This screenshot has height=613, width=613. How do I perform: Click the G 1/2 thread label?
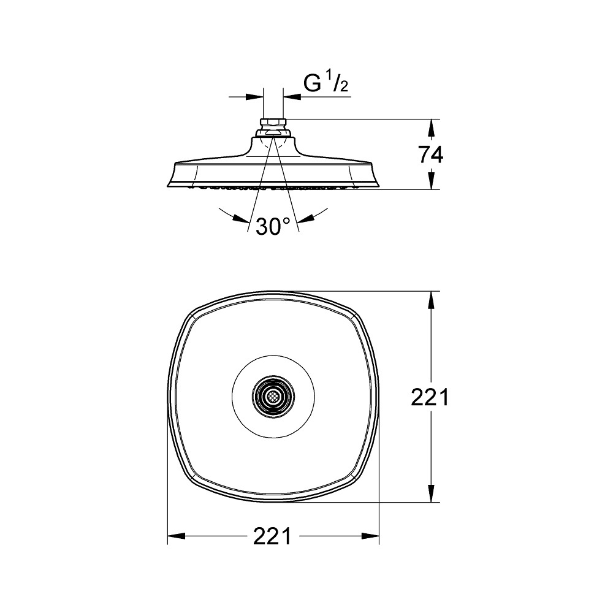(326, 84)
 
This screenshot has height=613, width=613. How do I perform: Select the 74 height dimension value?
(430, 155)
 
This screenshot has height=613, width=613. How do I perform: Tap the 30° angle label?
(273, 227)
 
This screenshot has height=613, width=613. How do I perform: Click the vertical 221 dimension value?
(430, 398)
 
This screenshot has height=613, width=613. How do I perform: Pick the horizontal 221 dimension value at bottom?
(273, 536)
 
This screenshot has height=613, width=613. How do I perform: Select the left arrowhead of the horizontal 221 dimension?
(176, 537)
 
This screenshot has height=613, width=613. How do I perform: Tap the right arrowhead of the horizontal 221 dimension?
(371, 537)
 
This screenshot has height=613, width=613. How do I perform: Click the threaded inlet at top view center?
(273, 397)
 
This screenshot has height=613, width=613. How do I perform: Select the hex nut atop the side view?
(273, 122)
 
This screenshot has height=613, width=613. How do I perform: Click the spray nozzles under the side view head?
(273, 188)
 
